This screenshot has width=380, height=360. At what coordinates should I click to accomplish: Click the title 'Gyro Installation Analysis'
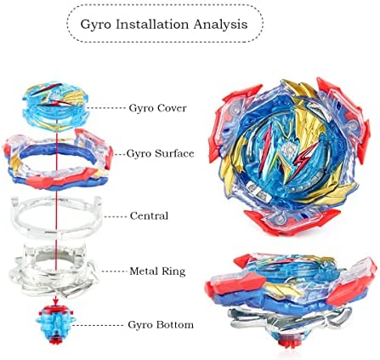(x=164, y=25)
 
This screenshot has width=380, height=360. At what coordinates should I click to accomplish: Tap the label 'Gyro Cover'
(x=158, y=108)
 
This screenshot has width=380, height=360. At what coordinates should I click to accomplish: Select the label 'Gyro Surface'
(x=161, y=153)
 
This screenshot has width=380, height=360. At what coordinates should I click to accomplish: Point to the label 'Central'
(x=149, y=216)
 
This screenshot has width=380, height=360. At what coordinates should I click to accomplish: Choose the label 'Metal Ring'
(x=157, y=271)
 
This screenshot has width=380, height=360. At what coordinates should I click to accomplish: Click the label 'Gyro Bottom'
(x=161, y=324)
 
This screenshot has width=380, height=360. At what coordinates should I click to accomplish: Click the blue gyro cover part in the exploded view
(x=56, y=106)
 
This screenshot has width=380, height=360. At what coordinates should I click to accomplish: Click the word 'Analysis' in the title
(x=221, y=25)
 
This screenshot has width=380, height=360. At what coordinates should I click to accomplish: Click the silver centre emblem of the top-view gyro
(x=290, y=148)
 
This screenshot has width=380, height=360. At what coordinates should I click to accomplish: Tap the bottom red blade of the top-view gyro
(x=291, y=223)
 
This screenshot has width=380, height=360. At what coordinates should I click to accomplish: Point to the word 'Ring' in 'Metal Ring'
(x=173, y=271)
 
